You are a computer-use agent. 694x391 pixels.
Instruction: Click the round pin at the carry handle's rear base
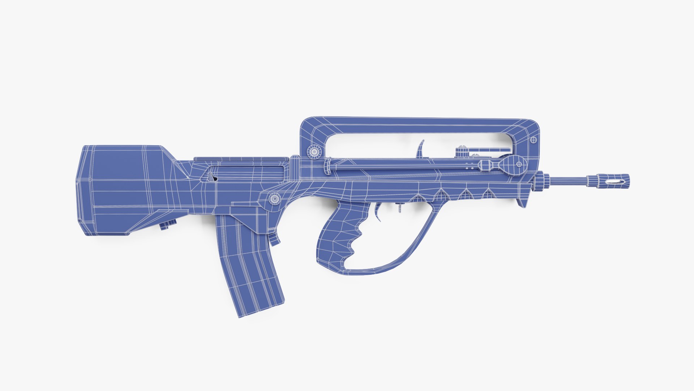(314, 152)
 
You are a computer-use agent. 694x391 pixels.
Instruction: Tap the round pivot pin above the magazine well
(275, 198)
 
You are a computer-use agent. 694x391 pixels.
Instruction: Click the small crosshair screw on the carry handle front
(534, 140)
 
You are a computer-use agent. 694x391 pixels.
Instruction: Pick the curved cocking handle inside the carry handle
(421, 148)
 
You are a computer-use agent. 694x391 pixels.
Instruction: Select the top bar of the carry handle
(419, 125)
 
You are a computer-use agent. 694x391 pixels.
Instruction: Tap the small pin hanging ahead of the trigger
(400, 208)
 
